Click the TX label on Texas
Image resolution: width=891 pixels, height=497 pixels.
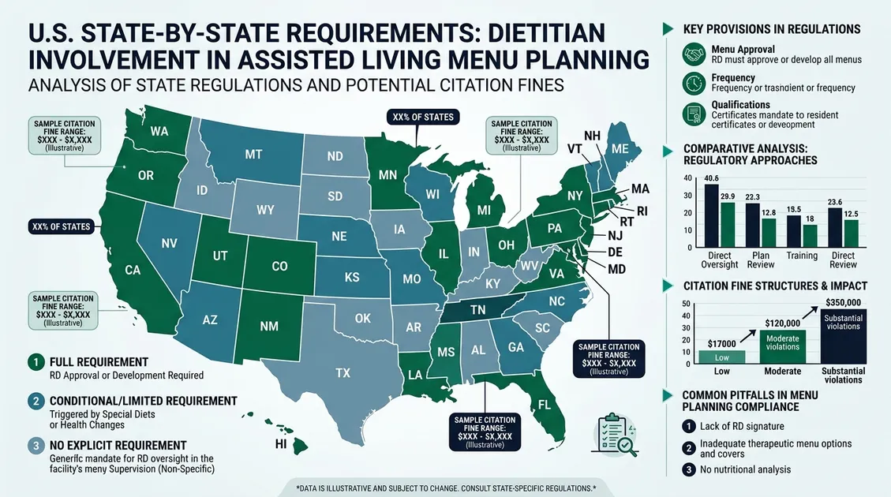pos(343,372)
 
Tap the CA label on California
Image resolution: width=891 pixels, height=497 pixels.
pos(133,270)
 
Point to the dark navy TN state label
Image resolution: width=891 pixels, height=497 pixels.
pos(478,310)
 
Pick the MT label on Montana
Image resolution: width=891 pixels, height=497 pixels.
pos(253,155)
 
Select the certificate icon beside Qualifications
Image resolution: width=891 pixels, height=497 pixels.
pos(694,111)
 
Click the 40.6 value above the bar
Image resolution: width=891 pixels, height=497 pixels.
pos(710,177)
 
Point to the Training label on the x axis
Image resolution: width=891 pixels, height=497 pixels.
pos(800,256)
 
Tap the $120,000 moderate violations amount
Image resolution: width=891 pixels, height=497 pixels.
pos(783,323)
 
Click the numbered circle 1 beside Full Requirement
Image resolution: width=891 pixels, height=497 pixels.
pos(35,362)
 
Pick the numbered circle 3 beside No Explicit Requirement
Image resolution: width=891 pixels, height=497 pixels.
pos(35,446)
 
